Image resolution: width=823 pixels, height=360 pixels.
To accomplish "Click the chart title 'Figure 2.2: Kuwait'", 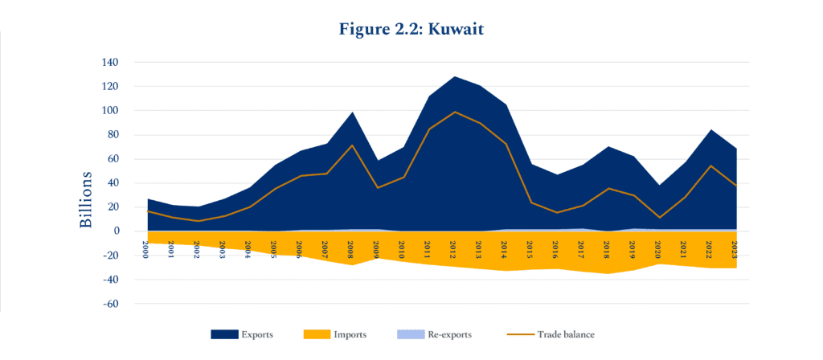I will (411, 27).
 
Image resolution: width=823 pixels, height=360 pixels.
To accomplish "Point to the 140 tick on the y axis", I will (109, 63).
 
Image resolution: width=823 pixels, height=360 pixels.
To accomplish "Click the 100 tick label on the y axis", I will (109, 111).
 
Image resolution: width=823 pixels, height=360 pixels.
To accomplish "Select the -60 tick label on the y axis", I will (109, 305).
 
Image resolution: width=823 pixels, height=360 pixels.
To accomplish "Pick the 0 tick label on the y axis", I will (116, 231).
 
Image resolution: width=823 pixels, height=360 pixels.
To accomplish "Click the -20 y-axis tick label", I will (109, 256).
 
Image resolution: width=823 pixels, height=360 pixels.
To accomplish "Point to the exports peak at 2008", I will (352, 112).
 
